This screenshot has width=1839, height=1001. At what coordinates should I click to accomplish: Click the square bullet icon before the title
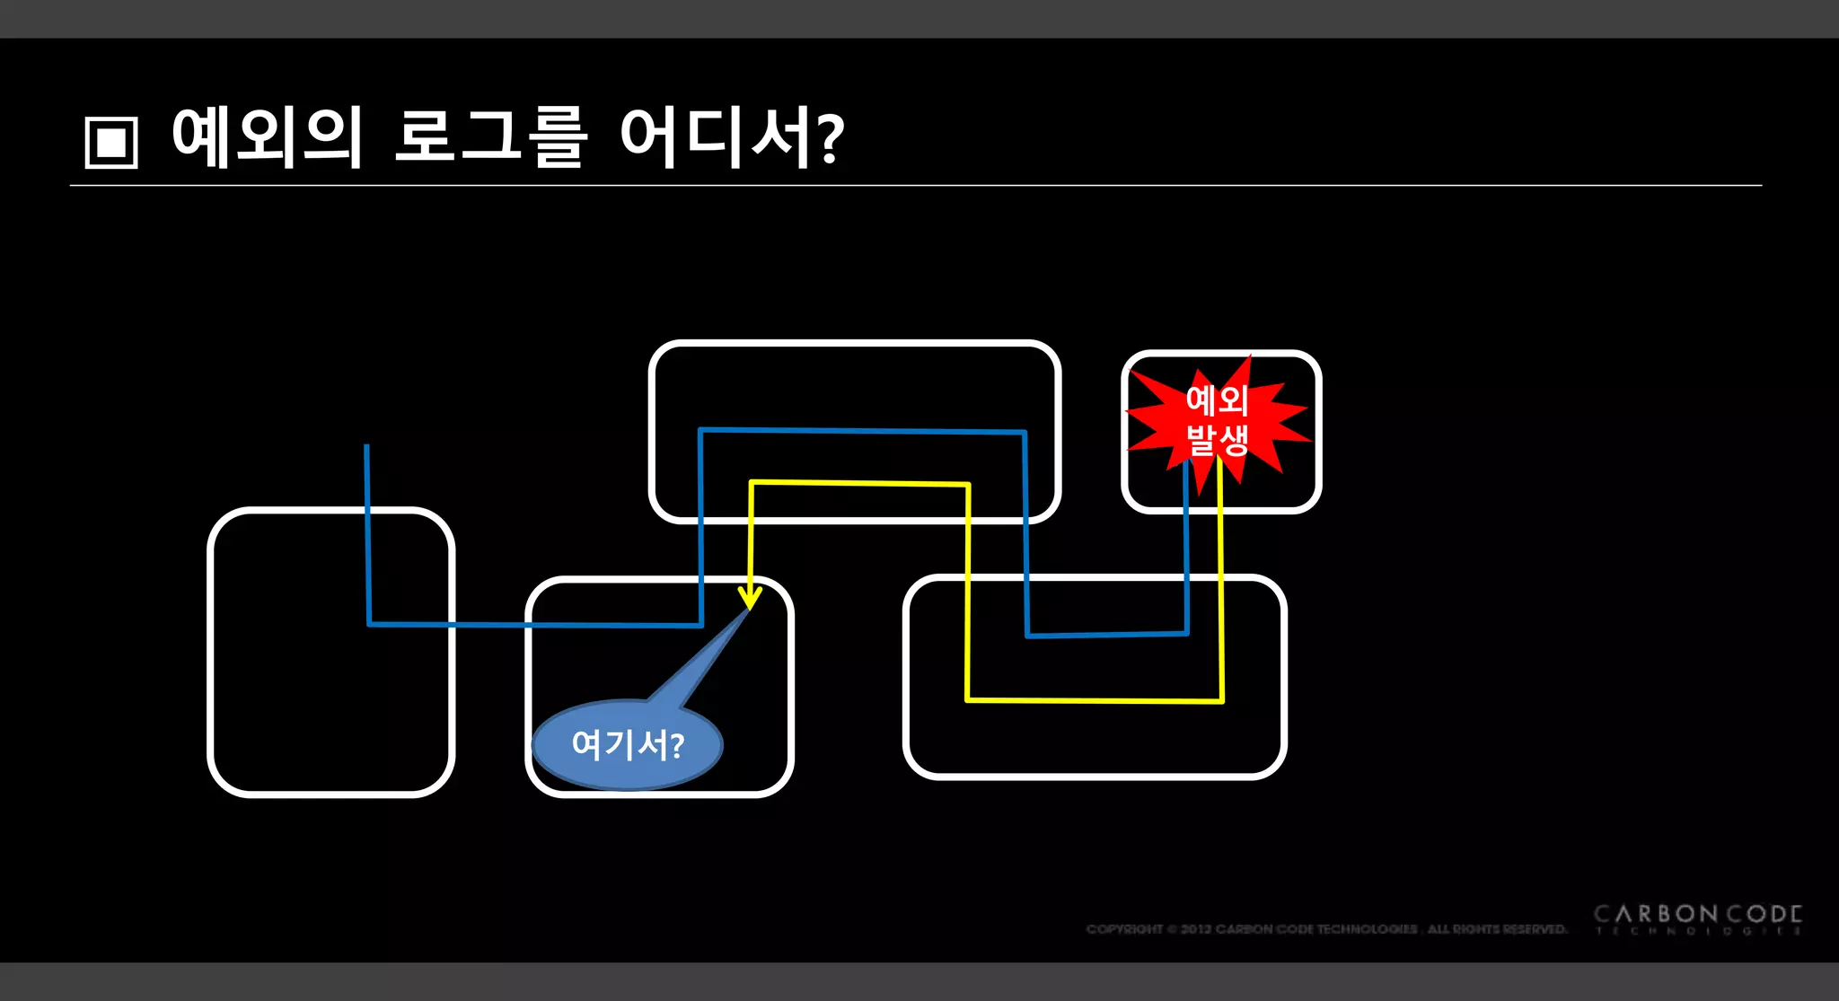(x=111, y=142)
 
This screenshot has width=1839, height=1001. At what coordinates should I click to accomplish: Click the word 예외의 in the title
(x=267, y=137)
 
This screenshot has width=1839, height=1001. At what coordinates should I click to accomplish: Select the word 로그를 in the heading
(x=491, y=137)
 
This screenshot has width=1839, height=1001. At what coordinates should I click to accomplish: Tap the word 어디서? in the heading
(x=731, y=137)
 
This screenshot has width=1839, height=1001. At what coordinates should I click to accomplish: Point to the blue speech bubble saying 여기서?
(x=628, y=744)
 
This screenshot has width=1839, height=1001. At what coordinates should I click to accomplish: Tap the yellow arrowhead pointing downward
(x=750, y=597)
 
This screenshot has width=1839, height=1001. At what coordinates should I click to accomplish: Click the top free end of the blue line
(x=366, y=446)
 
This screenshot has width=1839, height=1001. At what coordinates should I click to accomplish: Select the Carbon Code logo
(x=1697, y=919)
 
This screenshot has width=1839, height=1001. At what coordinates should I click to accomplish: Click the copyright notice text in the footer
(x=1325, y=929)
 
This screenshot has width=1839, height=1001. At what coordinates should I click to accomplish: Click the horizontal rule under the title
(x=916, y=186)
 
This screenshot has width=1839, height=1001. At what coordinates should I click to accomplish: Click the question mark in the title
(x=832, y=140)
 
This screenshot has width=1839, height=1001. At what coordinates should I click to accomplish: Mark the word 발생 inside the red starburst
(x=1218, y=441)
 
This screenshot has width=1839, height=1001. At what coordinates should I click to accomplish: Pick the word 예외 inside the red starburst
(x=1218, y=400)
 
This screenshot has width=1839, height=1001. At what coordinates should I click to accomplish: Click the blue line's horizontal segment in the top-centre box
(x=862, y=431)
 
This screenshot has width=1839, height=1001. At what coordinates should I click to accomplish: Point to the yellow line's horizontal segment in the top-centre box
(x=859, y=484)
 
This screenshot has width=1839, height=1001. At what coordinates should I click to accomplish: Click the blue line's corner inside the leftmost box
(x=369, y=623)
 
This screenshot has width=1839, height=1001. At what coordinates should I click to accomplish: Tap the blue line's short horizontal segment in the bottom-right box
(x=1107, y=635)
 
